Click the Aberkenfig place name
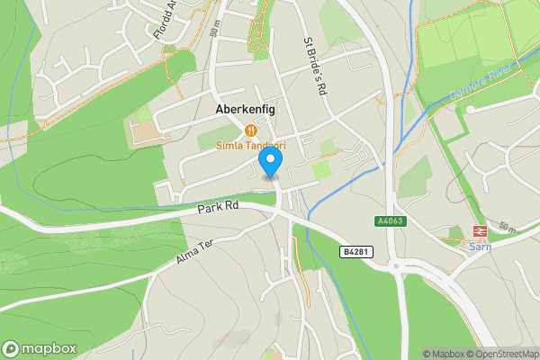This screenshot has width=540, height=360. [x=245, y=109]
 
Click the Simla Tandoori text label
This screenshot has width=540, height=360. [x=250, y=145]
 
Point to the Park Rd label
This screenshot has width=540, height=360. [x=218, y=206]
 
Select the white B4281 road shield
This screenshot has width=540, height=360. [x=355, y=253]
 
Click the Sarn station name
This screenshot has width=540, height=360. [x=480, y=247]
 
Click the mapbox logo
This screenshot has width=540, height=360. [x=40, y=348]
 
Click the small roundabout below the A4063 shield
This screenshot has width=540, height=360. [x=397, y=265]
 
